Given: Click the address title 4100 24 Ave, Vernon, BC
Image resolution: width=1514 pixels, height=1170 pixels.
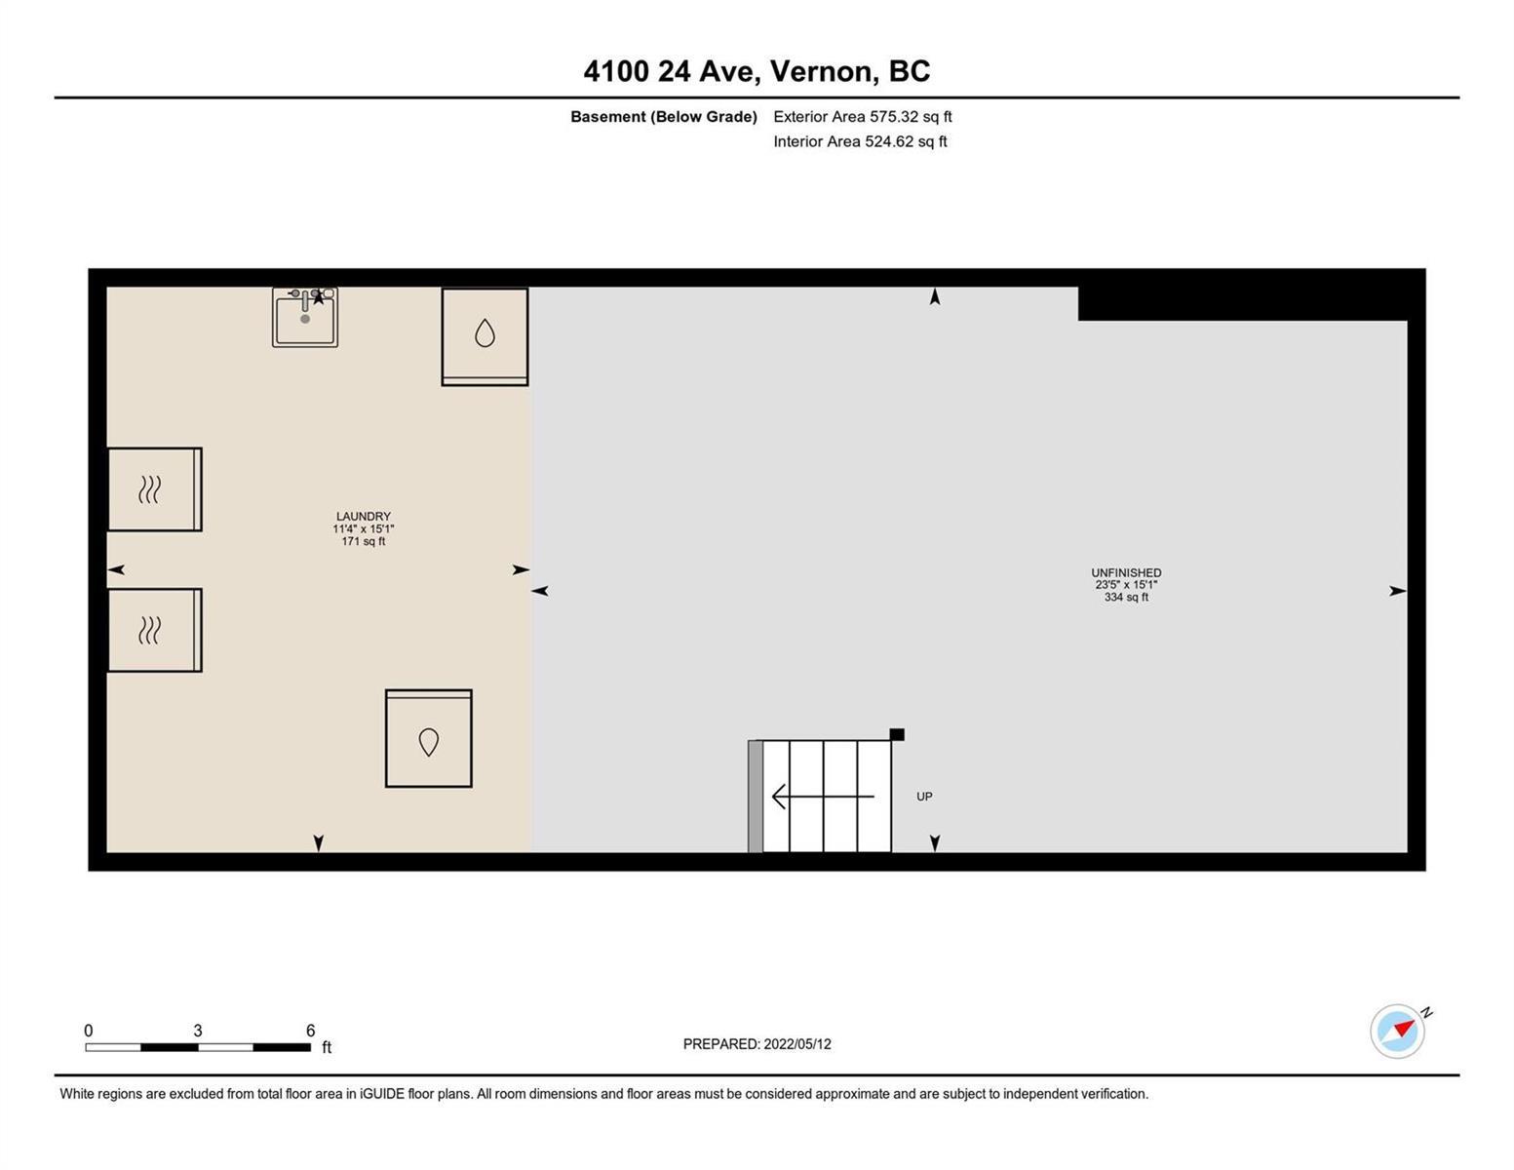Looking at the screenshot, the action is pos(757,71).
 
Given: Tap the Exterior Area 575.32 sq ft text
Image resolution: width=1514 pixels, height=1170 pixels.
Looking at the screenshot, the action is pos(863,116).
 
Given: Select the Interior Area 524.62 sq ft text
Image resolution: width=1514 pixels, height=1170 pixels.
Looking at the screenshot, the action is pos(860,141).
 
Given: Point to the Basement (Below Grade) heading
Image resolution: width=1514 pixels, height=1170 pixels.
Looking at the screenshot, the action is pos(663,116).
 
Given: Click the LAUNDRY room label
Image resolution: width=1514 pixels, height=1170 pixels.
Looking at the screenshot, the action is pos(363,517).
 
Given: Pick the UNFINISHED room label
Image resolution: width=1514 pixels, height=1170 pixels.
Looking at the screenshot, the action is pos(1126,572).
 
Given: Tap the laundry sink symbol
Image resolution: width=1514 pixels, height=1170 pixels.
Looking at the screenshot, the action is pos(305,317).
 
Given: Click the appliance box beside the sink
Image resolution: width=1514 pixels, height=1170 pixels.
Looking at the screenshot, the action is pos(485,336).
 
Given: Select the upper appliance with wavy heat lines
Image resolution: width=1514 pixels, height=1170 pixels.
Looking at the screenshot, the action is pos(155,489).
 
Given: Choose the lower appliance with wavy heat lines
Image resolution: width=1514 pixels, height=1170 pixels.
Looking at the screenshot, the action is pos(155,630).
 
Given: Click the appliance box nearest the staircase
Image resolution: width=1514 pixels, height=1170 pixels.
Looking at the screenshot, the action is pos(429,739).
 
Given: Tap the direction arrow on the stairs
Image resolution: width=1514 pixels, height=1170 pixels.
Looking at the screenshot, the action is pos(823,797).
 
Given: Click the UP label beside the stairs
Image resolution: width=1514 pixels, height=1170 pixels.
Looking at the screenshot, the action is pos(924,797).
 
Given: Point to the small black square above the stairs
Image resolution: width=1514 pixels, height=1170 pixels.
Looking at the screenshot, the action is pos(898,734).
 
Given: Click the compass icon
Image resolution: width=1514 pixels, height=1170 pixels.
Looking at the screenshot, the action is pos(1397,1032).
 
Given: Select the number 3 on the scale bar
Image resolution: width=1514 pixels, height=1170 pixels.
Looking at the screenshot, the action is pos(198,1031).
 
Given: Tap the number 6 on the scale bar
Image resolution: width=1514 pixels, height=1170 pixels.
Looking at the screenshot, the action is pos(311,1031).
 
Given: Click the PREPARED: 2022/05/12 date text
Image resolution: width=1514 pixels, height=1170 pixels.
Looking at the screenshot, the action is pos(757,1044).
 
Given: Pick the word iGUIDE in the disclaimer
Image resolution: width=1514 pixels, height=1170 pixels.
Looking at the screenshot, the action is pos(382,1094).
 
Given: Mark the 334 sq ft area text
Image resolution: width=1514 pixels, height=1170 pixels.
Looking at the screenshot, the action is pos(1126,598).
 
